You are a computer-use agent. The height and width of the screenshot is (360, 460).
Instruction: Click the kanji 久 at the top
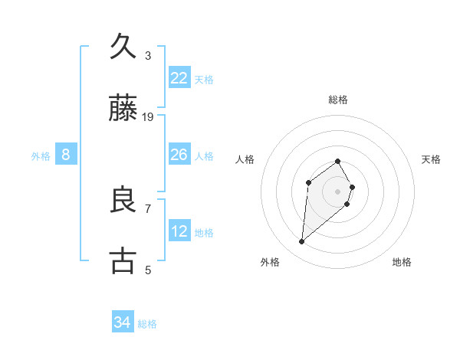(123, 47)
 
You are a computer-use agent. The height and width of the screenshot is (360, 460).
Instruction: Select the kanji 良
(123, 201)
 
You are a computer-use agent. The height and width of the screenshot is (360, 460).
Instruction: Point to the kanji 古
(123, 260)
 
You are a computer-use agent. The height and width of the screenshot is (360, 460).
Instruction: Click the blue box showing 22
(179, 78)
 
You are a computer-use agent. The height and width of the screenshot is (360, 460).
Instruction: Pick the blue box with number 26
(179, 155)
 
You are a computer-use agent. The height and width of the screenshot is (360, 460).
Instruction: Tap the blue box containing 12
(179, 231)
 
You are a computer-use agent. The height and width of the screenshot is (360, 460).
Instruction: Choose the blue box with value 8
(66, 155)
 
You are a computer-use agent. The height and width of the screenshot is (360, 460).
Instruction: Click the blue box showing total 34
(123, 322)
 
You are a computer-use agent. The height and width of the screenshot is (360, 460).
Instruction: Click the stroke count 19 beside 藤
(148, 117)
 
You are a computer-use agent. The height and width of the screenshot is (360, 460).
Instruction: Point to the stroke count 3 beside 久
(148, 56)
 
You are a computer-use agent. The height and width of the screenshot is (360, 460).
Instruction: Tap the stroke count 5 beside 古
(148, 270)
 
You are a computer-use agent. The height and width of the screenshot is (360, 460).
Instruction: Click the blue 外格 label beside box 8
(41, 155)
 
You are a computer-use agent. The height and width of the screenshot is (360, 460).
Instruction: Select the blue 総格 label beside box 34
(147, 324)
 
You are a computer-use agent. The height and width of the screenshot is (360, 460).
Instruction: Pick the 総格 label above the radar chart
(337, 100)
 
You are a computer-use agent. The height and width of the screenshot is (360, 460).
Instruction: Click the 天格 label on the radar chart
(432, 159)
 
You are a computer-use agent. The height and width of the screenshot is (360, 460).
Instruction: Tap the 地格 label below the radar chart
(402, 262)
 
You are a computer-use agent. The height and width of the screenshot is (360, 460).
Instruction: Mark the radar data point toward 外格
(302, 242)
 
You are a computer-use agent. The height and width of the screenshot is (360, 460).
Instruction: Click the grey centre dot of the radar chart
(337, 191)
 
